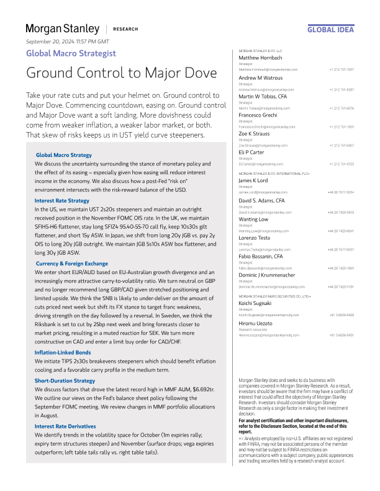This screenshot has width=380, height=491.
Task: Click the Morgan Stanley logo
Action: click(62, 29)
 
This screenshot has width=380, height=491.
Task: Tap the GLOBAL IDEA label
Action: click(330, 29)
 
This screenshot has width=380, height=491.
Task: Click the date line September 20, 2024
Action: click(67, 41)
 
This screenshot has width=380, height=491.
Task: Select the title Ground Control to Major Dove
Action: click(121, 73)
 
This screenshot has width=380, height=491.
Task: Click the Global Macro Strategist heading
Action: click(71, 53)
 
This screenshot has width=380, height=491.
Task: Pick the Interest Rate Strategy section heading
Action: click(62, 200)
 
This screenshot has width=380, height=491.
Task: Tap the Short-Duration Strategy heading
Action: click(65, 380)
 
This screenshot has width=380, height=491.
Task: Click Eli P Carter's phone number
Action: click(341, 164)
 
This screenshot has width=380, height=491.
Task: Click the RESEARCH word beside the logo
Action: click(126, 29)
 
